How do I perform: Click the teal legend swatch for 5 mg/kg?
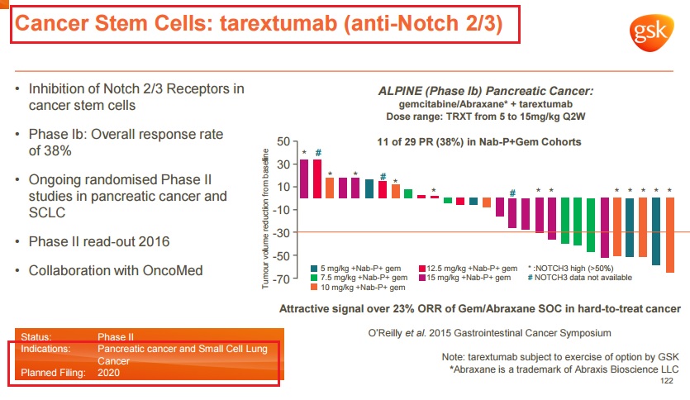(x=314, y=268)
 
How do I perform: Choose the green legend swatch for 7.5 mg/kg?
(x=314, y=278)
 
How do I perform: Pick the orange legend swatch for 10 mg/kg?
(x=314, y=288)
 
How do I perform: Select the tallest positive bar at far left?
(x=304, y=179)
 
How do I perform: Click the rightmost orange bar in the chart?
(x=669, y=236)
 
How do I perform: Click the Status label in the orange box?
(x=36, y=337)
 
